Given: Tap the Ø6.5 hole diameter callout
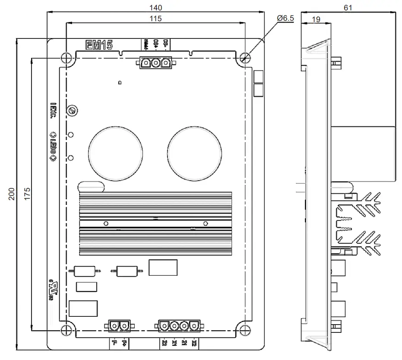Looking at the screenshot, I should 285,18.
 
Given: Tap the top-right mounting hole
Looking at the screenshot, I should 245,58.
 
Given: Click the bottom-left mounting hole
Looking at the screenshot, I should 65,329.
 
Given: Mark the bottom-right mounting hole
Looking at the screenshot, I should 245,329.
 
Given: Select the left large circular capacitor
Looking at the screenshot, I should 115,154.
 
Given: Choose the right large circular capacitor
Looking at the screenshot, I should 195,154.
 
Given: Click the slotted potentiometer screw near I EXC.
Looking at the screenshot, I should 72,111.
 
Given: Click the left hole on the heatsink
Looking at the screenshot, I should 106,223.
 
